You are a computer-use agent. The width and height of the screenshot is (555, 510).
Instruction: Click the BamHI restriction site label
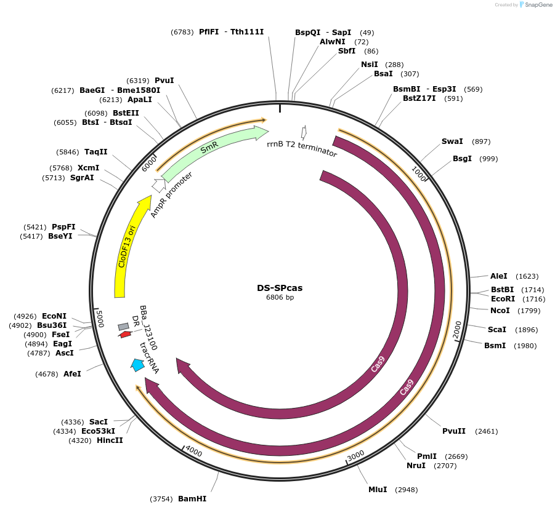tap(192, 498)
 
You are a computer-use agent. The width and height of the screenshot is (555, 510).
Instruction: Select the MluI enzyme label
tap(378, 489)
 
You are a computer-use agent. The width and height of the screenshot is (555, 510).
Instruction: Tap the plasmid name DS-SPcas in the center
tap(280, 287)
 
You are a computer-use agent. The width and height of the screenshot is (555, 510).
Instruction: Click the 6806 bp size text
tap(280, 298)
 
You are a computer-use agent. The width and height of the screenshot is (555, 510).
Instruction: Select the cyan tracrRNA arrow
tap(137, 365)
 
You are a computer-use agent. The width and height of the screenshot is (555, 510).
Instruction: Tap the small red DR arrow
tap(125, 334)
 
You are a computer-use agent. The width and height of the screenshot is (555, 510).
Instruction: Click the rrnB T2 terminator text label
tap(302, 149)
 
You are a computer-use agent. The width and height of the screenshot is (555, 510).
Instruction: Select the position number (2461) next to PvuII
tap(487, 431)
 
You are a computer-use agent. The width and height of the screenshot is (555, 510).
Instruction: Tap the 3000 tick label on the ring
tap(356, 456)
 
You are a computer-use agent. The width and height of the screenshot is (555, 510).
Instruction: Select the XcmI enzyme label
tap(88, 168)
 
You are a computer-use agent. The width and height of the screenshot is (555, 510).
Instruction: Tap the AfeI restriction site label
tap(72, 373)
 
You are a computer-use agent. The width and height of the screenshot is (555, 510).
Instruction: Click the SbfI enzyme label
tap(347, 51)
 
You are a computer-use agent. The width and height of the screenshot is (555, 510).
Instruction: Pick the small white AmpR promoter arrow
tap(158, 183)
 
